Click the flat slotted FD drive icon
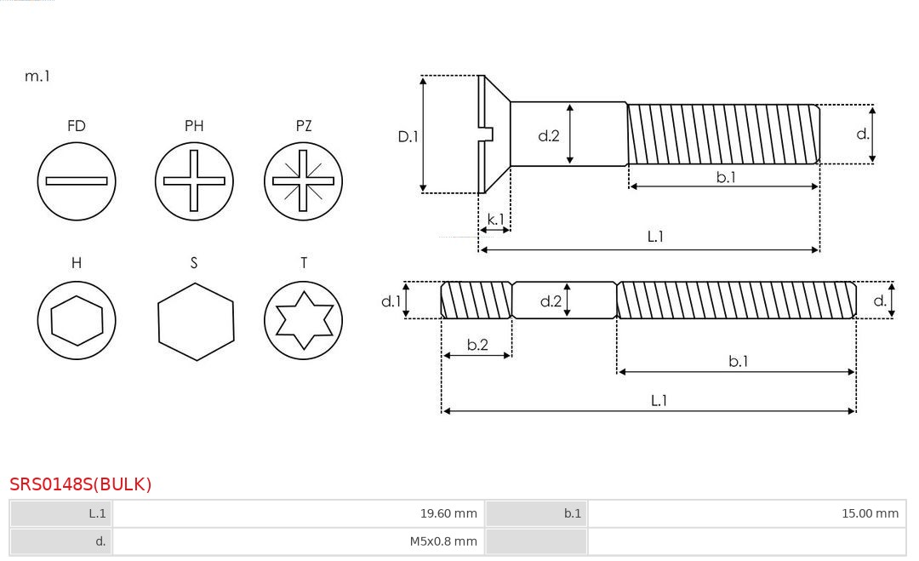77,181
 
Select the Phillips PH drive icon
194,181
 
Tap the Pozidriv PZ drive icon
303,181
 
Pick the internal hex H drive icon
77,321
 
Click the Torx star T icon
303,321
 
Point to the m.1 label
37,77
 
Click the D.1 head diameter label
408,136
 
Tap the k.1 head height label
494,220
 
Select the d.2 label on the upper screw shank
549,135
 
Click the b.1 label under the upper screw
725,177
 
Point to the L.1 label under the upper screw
655,238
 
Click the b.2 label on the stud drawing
477,345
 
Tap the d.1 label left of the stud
390,301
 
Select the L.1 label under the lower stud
659,401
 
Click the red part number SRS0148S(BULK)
81,484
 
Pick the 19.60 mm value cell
448,513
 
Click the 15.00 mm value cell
870,513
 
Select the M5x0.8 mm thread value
443,541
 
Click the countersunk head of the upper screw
494,135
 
